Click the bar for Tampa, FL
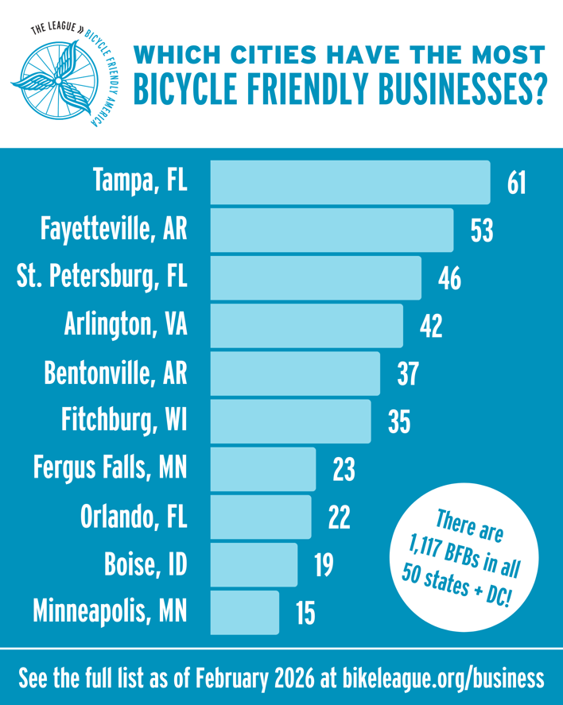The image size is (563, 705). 350,182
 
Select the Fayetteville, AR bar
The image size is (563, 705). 332,230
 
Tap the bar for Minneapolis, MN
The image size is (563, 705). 245,612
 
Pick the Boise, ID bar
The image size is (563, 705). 254,565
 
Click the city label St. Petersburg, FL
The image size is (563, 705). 103,278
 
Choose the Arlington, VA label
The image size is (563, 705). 126,326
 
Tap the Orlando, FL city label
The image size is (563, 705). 133,517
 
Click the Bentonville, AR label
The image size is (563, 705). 116,374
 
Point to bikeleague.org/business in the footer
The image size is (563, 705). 444,679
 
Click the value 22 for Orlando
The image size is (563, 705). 340,517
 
